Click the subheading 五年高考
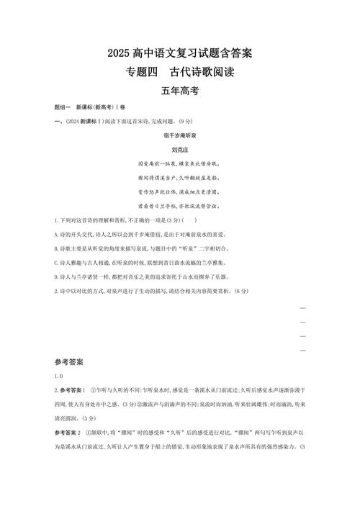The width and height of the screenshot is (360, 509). click(179, 91)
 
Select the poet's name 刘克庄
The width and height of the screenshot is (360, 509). click(179, 151)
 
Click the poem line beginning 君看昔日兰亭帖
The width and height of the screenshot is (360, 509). click(179, 208)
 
